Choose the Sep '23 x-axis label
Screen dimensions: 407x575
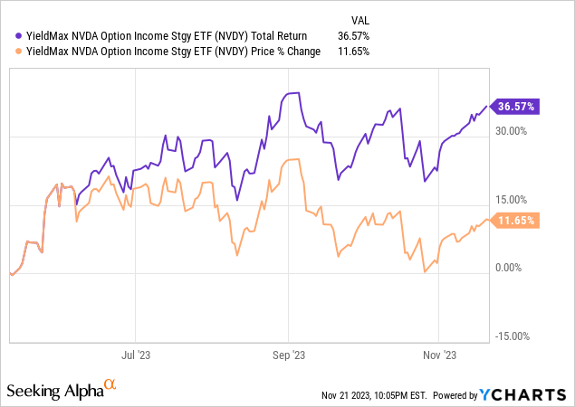288,355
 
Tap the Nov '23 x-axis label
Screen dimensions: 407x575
438,355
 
